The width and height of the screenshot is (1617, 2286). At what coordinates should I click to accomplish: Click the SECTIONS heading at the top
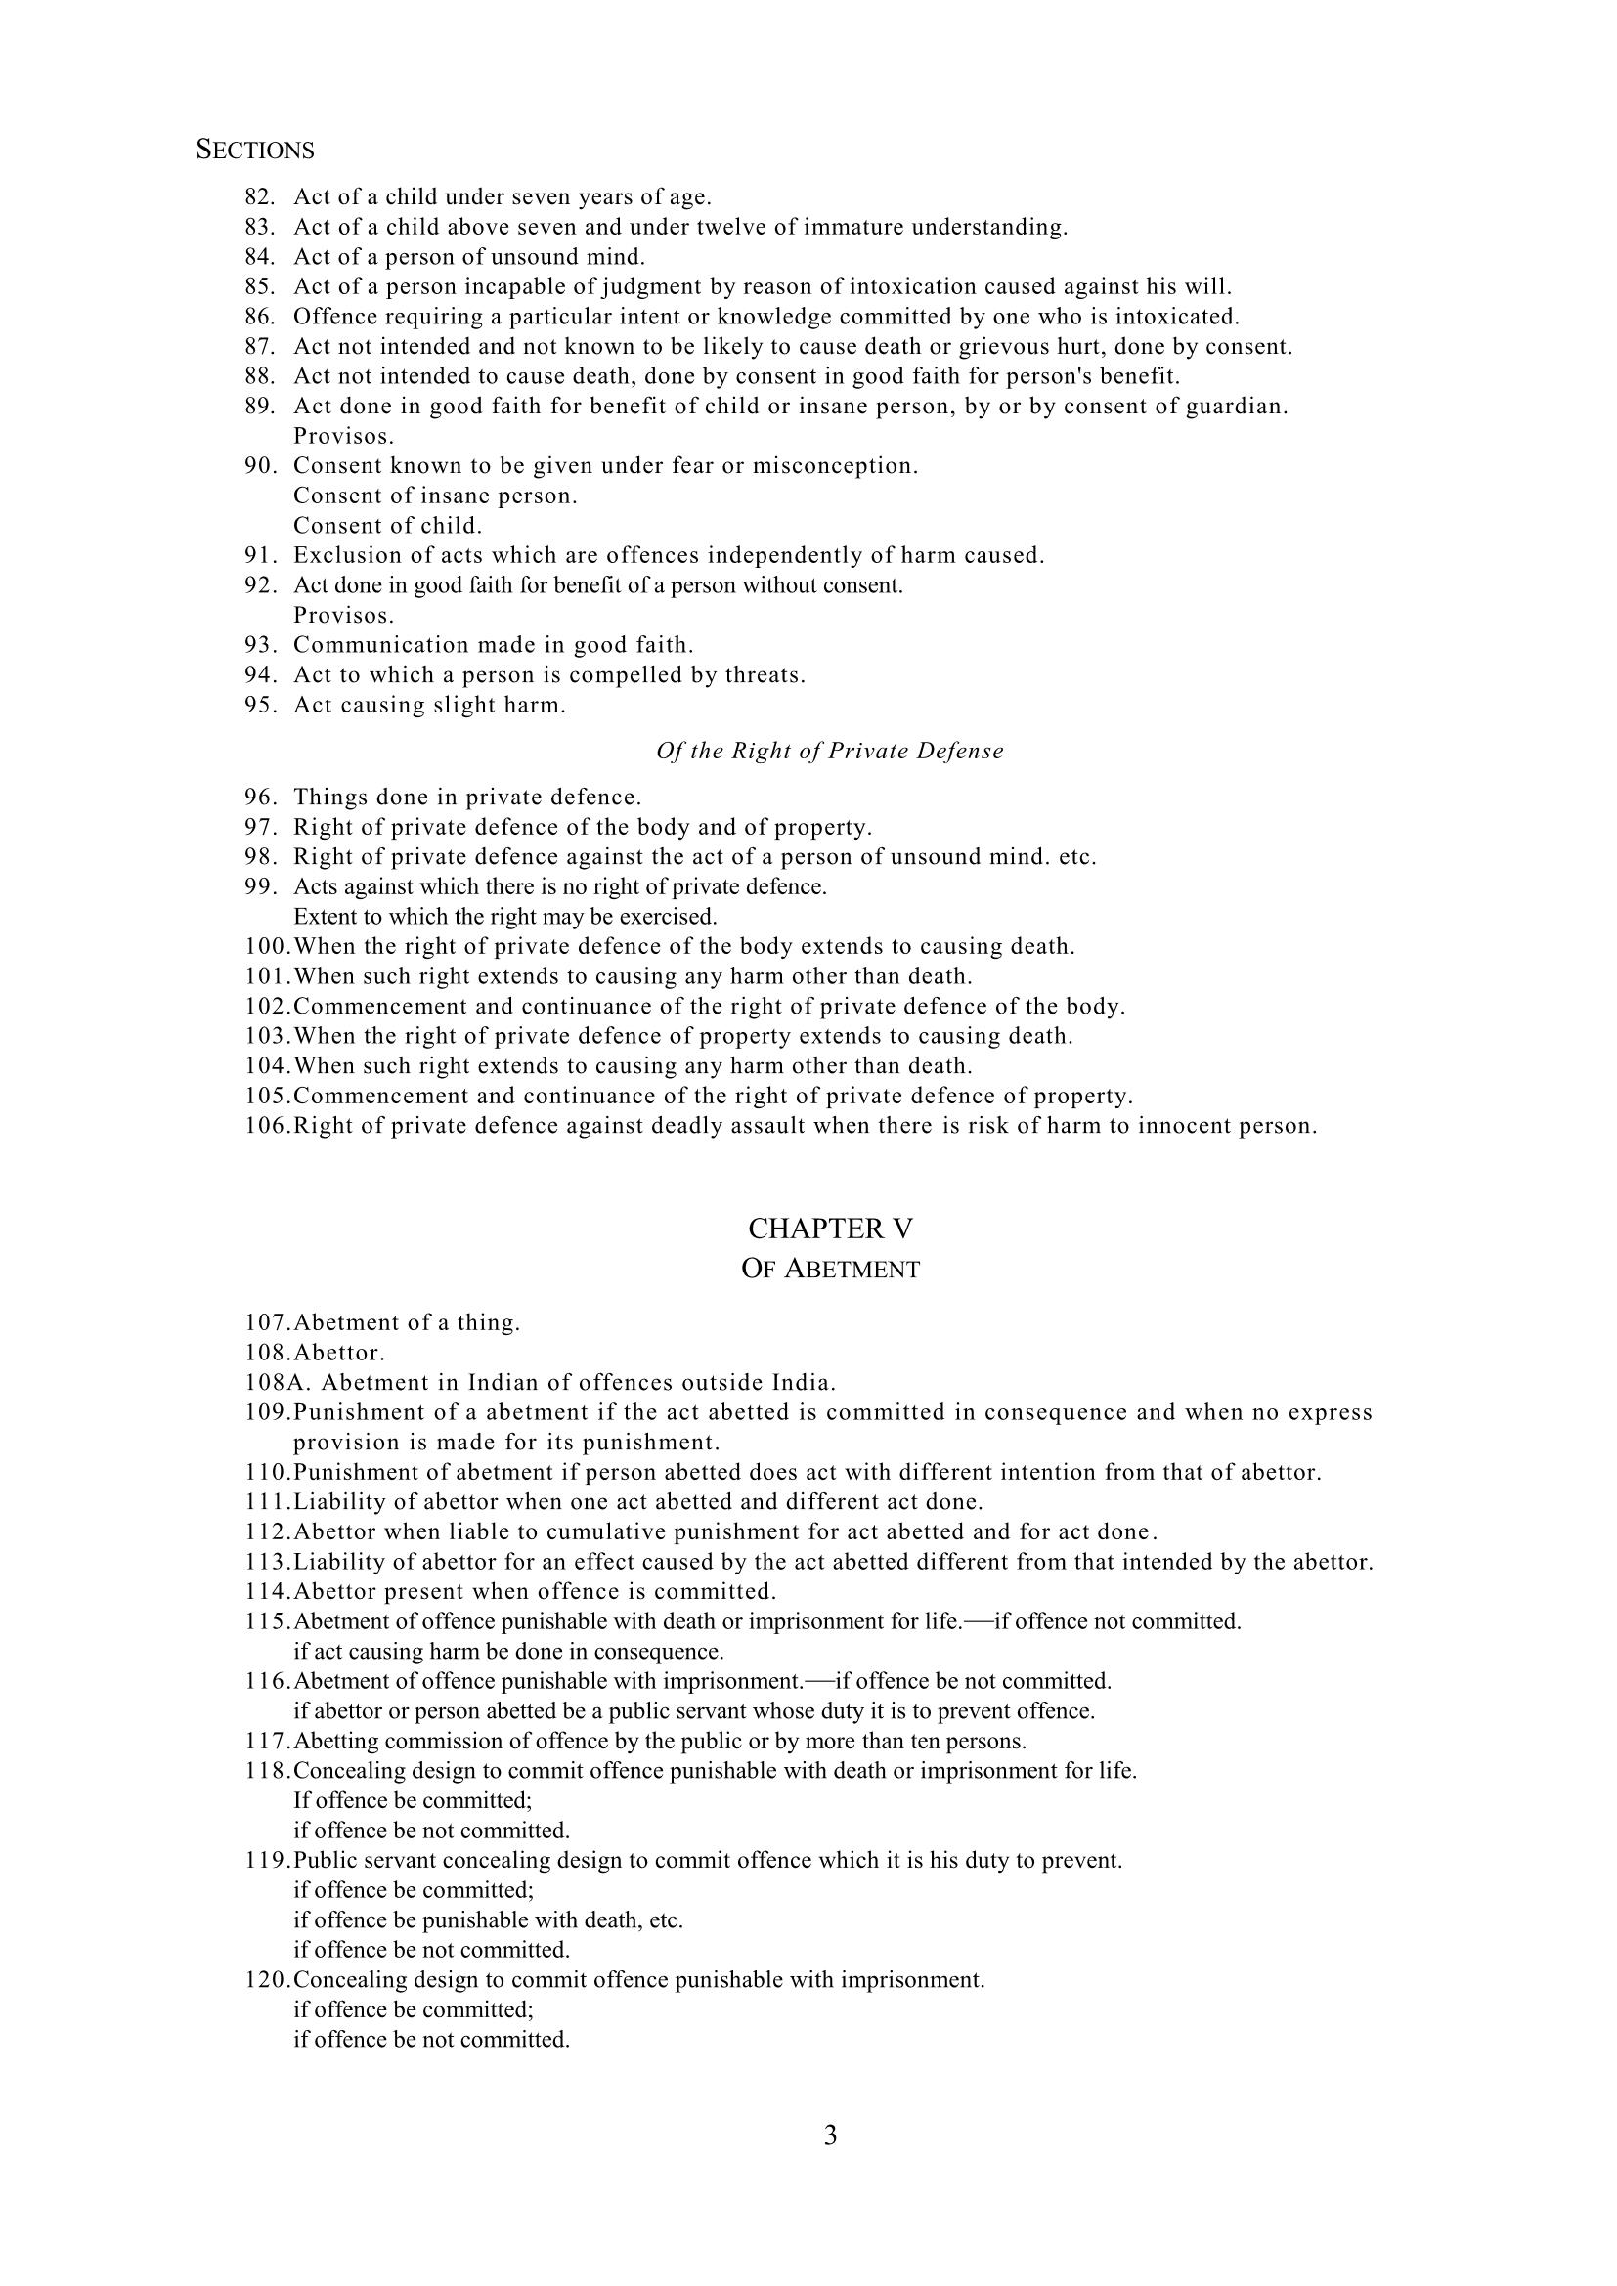click(x=255, y=151)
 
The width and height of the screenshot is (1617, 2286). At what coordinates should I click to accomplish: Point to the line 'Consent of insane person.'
click(x=435, y=496)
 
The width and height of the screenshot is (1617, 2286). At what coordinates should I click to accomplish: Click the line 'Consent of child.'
click(x=387, y=526)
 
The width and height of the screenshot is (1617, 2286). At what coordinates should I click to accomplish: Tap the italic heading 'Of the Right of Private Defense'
click(x=829, y=751)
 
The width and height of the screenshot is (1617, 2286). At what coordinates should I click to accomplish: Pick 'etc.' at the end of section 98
click(x=1077, y=856)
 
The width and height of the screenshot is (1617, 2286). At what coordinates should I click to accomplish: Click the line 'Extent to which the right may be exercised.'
click(x=504, y=916)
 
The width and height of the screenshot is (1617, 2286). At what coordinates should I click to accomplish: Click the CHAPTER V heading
click(x=829, y=1229)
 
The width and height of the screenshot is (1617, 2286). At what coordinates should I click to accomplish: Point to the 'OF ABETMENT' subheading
click(x=829, y=1271)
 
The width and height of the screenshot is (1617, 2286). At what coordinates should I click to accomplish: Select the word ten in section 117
click(x=909, y=1742)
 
